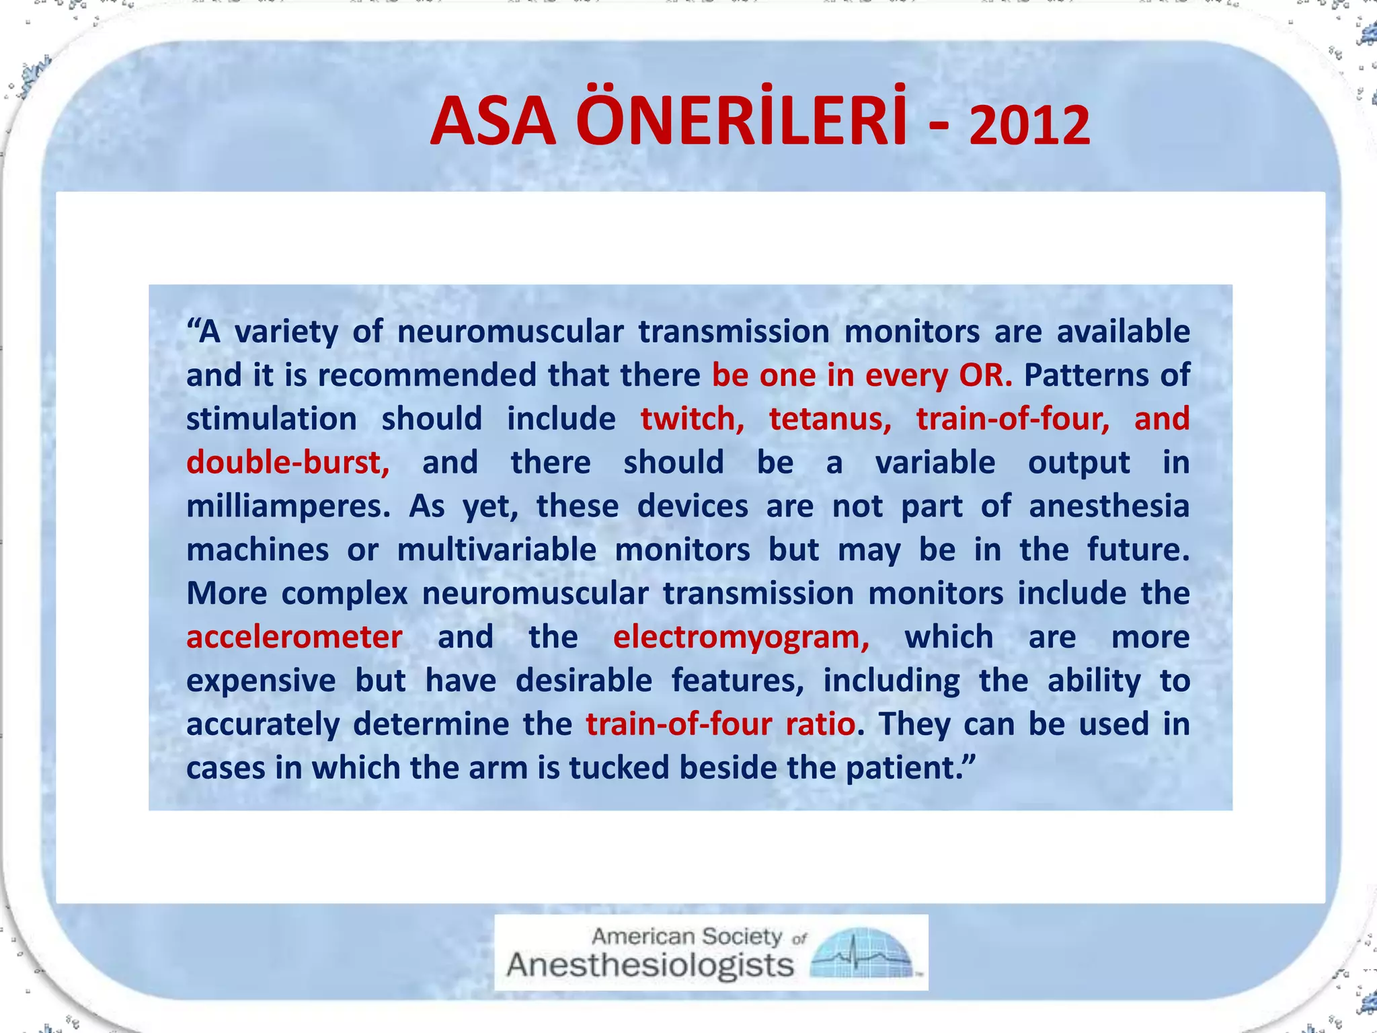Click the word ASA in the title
tap(494, 122)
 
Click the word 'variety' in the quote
tap(286, 332)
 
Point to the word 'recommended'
tap(426, 375)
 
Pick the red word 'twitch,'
tap(692, 419)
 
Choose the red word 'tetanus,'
tap(830, 419)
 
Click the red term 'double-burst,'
tap(288, 463)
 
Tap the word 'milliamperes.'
tap(288, 506)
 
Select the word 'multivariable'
tap(496, 550)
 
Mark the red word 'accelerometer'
tap(294, 637)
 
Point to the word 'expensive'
tap(261, 681)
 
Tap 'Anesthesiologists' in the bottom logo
tap(650, 966)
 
